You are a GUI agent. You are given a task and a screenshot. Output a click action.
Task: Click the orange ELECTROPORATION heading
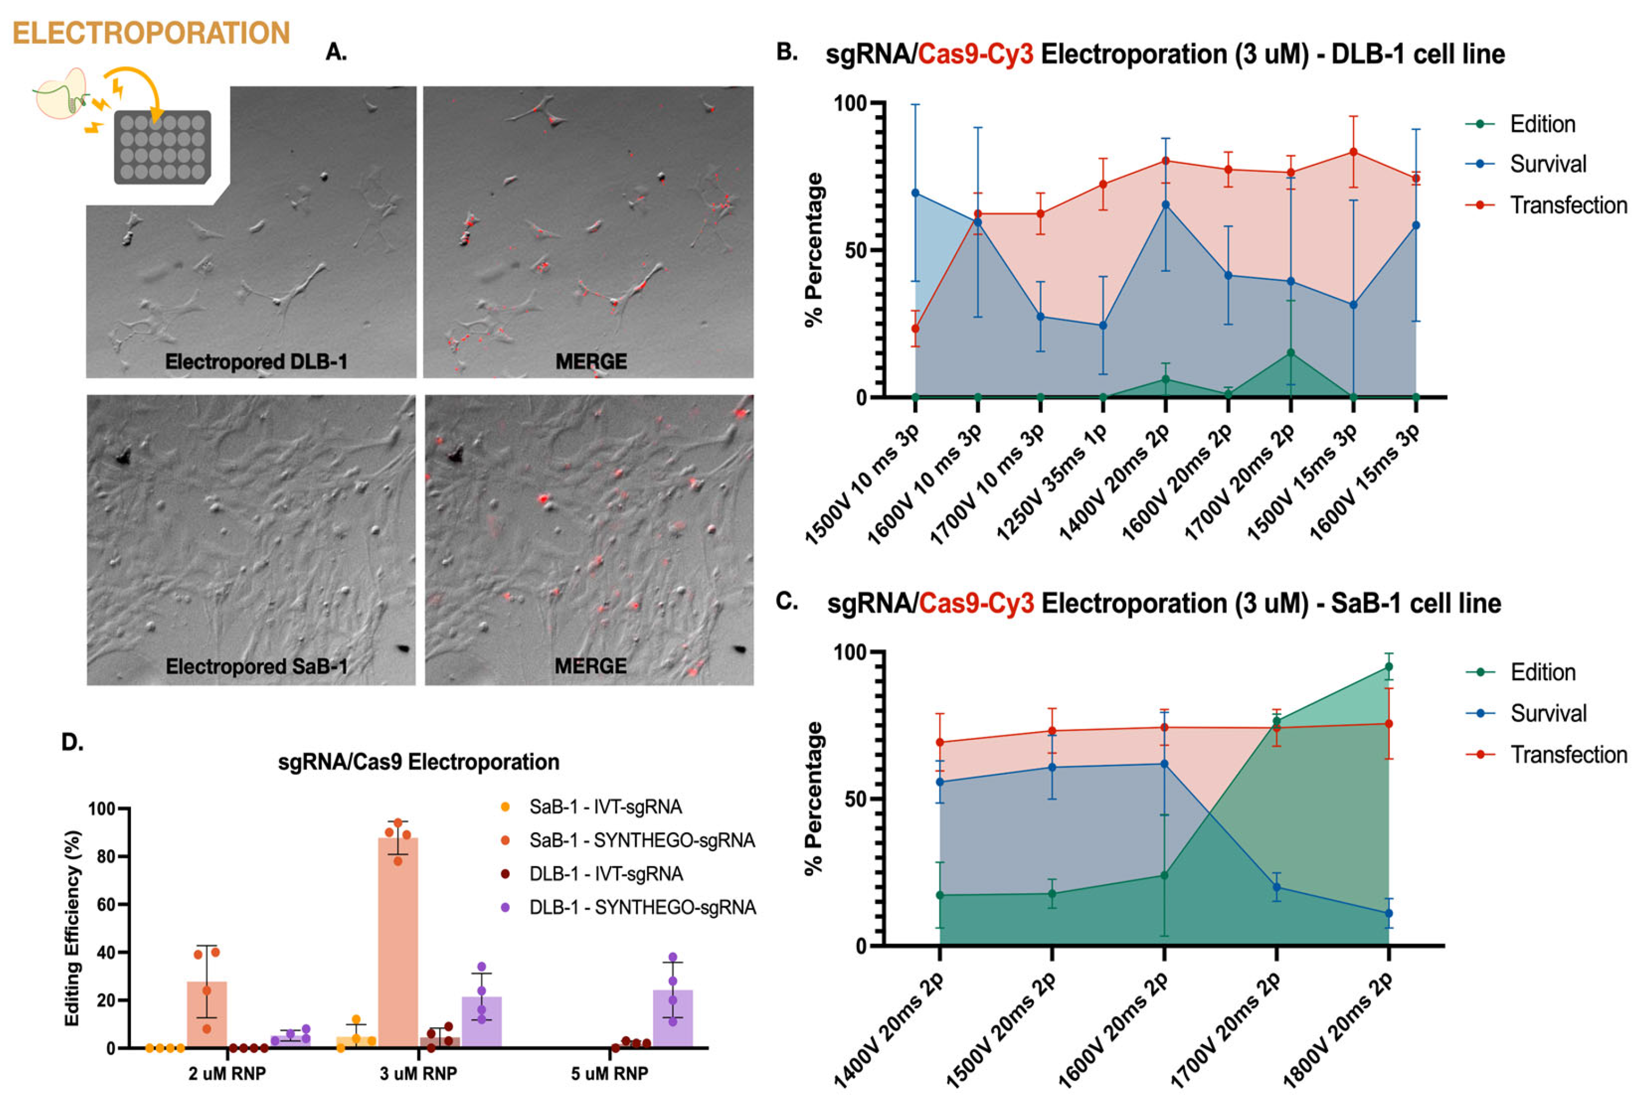coord(151,33)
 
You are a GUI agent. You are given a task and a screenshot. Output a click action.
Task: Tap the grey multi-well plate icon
coord(163,147)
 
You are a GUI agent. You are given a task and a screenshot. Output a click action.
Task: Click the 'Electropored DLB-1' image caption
coord(256,362)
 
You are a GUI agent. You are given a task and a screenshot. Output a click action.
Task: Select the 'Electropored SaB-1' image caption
coord(256,666)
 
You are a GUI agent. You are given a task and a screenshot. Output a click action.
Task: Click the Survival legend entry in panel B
coord(1547,164)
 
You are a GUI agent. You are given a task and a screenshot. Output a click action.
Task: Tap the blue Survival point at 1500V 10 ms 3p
coord(915,193)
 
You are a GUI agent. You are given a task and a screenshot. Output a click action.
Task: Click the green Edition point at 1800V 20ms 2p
coord(1388,666)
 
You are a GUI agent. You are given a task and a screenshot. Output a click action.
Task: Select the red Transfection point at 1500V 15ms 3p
coord(1352,152)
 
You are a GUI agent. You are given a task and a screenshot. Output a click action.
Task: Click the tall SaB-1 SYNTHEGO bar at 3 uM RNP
coord(398,940)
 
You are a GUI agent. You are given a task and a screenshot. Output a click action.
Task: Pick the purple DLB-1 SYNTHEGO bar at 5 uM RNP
coord(672,1018)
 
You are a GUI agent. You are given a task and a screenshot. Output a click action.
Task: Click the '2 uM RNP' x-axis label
coord(227,1073)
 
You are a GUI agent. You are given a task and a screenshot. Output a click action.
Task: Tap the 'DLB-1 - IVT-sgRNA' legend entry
coord(605,874)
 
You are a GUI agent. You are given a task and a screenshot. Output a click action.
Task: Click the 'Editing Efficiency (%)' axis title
coord(73,928)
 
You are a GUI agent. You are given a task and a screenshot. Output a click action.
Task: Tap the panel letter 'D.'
coord(73,742)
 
